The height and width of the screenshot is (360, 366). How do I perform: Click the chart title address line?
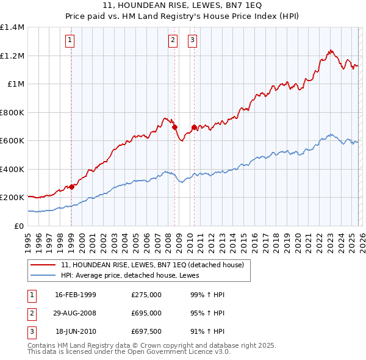click(x=183, y=6)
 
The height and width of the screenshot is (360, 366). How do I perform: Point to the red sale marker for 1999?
click(x=71, y=187)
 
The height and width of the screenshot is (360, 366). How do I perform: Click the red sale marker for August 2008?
click(x=174, y=128)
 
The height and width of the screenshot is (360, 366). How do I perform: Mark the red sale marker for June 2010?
click(x=194, y=127)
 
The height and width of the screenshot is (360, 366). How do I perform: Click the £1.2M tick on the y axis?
click(x=12, y=56)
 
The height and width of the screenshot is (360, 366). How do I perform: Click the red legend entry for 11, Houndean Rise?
click(x=152, y=265)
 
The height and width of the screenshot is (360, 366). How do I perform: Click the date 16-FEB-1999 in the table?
click(x=76, y=295)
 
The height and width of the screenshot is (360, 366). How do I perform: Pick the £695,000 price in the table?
click(x=146, y=313)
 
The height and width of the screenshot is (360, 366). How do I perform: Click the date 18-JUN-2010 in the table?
click(x=76, y=331)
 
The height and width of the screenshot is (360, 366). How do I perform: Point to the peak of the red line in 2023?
click(x=330, y=51)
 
